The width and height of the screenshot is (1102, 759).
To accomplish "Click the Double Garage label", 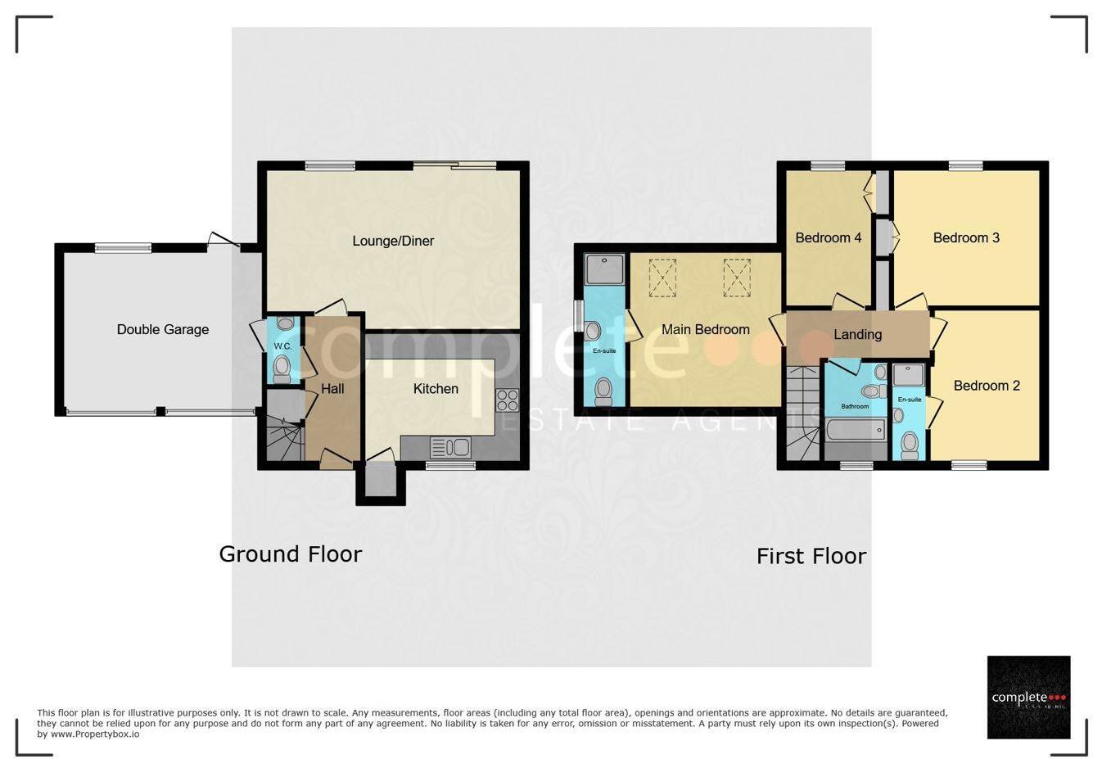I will click(162, 329).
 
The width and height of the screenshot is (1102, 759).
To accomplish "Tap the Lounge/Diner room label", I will click(393, 241).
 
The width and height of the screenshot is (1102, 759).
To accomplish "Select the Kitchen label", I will click(436, 389).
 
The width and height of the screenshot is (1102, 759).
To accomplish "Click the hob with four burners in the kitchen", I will click(507, 400).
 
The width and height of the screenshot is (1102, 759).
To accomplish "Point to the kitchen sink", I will click(450, 447).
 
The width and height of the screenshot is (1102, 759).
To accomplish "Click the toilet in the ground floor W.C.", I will click(282, 368).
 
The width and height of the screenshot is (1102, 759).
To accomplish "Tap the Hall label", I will click(332, 389).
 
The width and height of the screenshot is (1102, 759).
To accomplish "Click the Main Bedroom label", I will click(705, 329).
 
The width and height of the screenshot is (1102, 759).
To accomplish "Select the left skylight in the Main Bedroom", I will click(662, 278).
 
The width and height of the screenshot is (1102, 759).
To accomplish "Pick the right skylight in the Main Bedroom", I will click(736, 278).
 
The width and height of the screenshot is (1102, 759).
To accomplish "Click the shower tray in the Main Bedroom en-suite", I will click(604, 268).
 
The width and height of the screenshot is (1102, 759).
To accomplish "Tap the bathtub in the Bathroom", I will click(856, 430).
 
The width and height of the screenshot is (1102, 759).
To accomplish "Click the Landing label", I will click(857, 334).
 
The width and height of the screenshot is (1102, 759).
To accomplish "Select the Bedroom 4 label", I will click(828, 237).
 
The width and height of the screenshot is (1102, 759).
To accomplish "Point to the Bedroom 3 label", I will click(966, 237).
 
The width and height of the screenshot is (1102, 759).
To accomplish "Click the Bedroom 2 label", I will click(987, 386).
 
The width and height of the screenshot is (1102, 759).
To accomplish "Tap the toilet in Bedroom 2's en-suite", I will click(909, 445).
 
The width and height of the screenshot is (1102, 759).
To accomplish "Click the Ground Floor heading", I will click(290, 554).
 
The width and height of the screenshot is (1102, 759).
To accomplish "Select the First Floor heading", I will click(811, 557).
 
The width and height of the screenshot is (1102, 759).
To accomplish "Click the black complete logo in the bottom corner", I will click(1028, 697).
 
